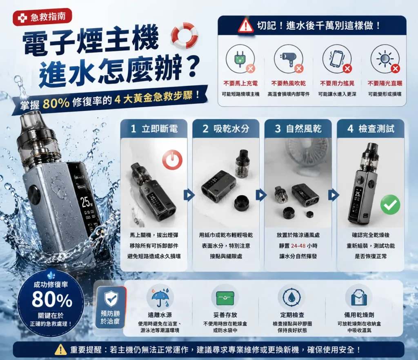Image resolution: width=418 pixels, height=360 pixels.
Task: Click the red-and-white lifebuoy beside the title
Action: click(x=185, y=35)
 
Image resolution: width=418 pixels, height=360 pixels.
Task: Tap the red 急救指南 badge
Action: click(x=42, y=17)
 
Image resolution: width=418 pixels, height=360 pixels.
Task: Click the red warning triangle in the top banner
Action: click(x=245, y=26)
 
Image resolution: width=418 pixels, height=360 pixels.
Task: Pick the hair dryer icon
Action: click(x=287, y=58)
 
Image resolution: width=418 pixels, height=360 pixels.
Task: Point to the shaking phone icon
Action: click(x=336, y=58)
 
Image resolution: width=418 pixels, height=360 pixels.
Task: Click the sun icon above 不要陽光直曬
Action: click(x=385, y=58)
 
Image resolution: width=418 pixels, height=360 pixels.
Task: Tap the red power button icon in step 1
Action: click(x=173, y=160)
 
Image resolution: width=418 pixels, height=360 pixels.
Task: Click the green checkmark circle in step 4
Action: click(x=390, y=204)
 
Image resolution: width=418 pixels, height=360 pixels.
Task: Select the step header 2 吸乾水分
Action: click(x=226, y=129)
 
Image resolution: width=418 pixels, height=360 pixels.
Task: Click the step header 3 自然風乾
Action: click(x=298, y=129)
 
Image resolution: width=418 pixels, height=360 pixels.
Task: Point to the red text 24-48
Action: click(x=298, y=246)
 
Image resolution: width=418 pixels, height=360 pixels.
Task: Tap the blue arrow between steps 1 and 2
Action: click(x=189, y=195)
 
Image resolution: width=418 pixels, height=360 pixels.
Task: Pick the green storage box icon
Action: click(x=225, y=298)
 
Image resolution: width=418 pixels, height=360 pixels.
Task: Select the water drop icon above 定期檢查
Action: click(x=292, y=298)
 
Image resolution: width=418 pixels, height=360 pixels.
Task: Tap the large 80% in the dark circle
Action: click(x=52, y=299)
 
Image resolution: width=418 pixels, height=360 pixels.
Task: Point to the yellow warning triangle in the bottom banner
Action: click(x=60, y=349)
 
